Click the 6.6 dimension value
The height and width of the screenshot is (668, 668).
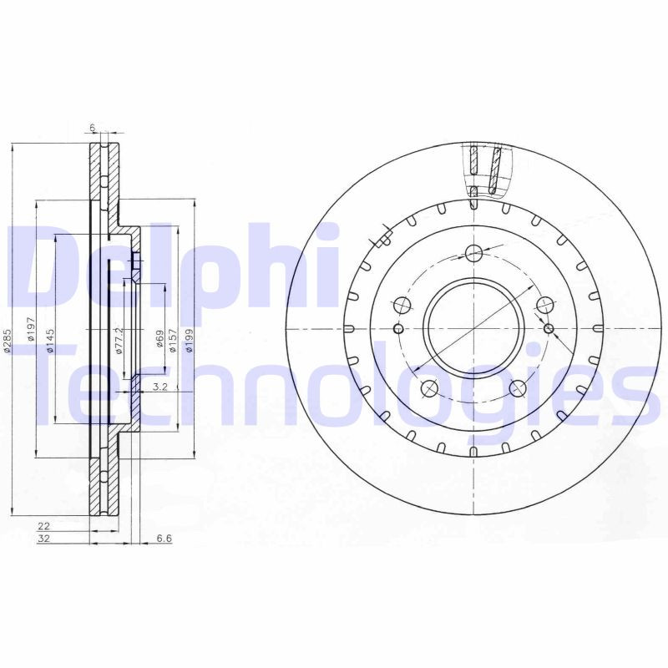(x=164, y=539)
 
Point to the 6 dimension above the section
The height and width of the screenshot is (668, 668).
(x=93, y=128)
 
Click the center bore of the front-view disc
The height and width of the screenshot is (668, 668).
(x=473, y=326)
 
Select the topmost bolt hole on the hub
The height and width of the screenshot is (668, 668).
(x=473, y=253)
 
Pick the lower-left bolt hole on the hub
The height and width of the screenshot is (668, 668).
(x=429, y=388)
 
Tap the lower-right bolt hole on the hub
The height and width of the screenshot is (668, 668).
(x=518, y=388)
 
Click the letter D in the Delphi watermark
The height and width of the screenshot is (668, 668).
(x=42, y=267)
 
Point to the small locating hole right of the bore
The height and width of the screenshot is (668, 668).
(x=548, y=328)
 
